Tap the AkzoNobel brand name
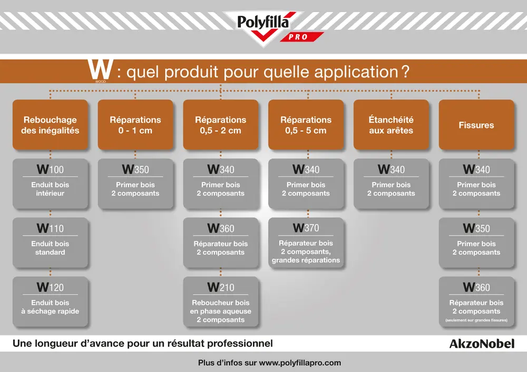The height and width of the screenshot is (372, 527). (x=481, y=344)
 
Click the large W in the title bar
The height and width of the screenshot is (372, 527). (x=101, y=71)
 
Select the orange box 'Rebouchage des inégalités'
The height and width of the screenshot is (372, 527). (x=50, y=125)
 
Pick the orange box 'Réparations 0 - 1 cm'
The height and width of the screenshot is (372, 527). (x=135, y=125)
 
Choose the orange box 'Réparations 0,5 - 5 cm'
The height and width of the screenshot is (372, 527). (x=306, y=125)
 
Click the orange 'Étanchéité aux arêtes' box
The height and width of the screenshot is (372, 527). (x=391, y=125)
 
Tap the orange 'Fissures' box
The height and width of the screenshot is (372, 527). (x=476, y=125)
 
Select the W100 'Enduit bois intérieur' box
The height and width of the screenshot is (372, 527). (x=50, y=184)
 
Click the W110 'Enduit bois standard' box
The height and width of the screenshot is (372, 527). (x=50, y=243)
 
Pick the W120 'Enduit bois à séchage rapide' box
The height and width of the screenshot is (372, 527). (x=50, y=301)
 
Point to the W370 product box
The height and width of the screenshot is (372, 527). (x=306, y=243)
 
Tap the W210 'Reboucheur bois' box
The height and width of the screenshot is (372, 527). (x=221, y=301)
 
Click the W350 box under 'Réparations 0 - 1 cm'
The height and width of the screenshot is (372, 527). (x=135, y=184)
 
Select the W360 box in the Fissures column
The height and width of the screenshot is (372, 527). (x=476, y=301)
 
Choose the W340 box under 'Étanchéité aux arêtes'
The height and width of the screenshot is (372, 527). (x=391, y=184)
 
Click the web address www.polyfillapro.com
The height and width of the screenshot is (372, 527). (x=300, y=363)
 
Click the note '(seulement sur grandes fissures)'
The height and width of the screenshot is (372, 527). (x=476, y=320)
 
